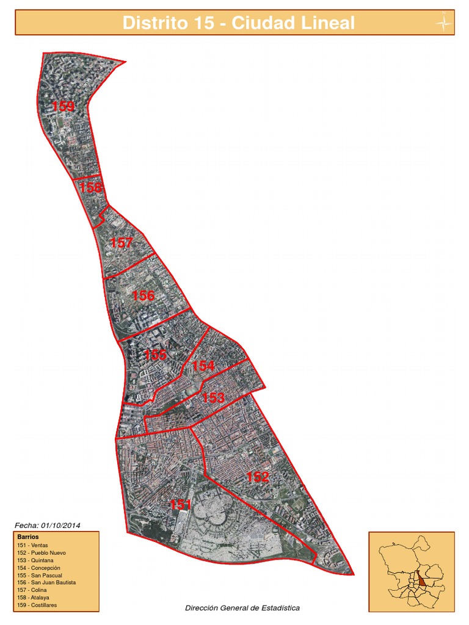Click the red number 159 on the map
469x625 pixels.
pos(64,107)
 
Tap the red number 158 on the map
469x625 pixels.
pos(90,187)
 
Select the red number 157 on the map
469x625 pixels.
pos(121,243)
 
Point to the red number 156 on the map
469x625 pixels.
pos(144,295)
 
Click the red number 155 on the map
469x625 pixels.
pos(155,355)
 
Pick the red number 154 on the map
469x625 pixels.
pos(203,366)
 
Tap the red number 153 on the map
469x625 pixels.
pos(214,398)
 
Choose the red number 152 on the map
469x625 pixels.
pos(258,477)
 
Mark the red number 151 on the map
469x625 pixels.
pos(181,505)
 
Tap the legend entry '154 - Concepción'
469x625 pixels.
pos(40,568)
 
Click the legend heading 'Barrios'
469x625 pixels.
pos(29,536)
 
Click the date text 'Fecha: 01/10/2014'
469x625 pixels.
pos(48,525)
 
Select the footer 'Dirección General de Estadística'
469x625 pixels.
pos(242,608)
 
